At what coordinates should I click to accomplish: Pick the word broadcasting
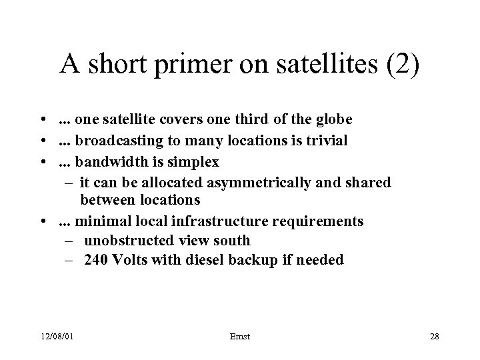tap(115, 141)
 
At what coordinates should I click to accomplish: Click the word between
tap(107, 199)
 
